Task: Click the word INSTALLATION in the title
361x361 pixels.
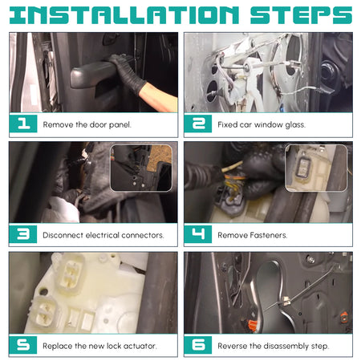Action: pyautogui.click(x=124, y=15)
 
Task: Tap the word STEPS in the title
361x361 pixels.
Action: pyautogui.click(x=301, y=15)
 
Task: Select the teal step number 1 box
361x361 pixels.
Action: pyautogui.click(x=23, y=124)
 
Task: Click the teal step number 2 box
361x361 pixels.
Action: pyautogui.click(x=198, y=124)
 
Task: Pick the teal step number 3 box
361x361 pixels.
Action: pyautogui.click(x=23, y=234)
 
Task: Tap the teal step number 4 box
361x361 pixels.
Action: pyautogui.click(x=198, y=234)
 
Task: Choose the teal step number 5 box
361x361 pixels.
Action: pyautogui.click(x=23, y=345)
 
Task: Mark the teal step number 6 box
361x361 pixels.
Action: pyautogui.click(x=198, y=345)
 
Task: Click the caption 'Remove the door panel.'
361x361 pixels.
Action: pyautogui.click(x=87, y=124)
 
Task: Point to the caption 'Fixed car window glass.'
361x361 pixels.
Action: pyautogui.click(x=262, y=124)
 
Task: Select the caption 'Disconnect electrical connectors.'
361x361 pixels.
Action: pyautogui.click(x=103, y=235)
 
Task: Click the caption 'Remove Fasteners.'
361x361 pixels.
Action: pyautogui.click(x=253, y=235)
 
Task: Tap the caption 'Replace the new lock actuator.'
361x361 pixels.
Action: pyautogui.click(x=99, y=346)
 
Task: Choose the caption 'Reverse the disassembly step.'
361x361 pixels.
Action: pyautogui.click(x=274, y=346)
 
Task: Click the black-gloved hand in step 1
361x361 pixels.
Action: pyautogui.click(x=128, y=72)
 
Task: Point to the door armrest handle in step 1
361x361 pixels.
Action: pyautogui.click(x=92, y=75)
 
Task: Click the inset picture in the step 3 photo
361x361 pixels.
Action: pyautogui.click(x=141, y=168)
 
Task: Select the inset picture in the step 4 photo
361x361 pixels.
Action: pyautogui.click(x=316, y=168)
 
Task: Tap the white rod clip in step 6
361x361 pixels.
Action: pyautogui.click(x=286, y=302)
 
